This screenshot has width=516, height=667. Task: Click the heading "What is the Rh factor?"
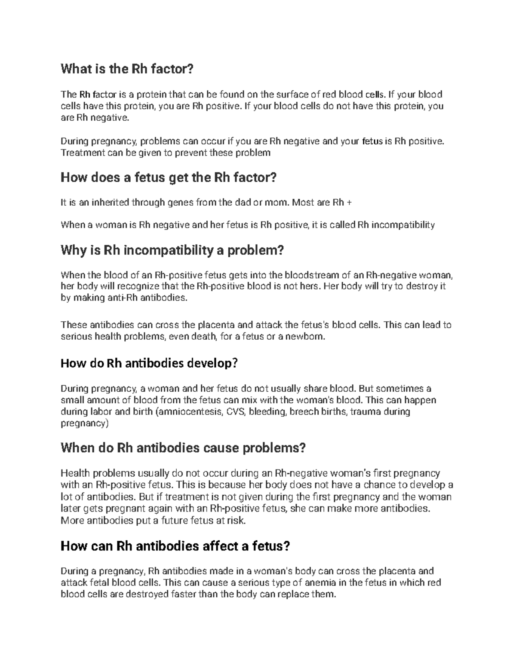[x=127, y=69]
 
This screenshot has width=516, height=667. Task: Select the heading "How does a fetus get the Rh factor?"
[x=168, y=177]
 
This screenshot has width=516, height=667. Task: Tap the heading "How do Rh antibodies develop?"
[x=149, y=363]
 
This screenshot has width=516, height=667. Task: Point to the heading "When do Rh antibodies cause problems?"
[x=183, y=448]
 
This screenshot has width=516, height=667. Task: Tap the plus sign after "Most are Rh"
[x=349, y=202]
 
